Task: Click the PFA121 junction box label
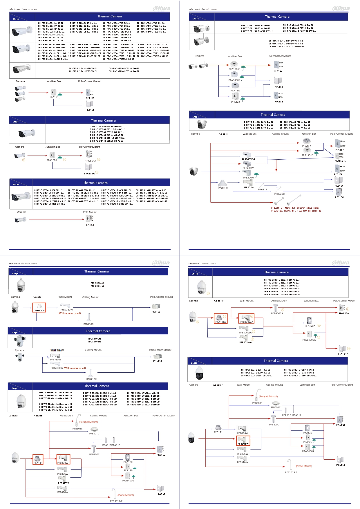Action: click(54, 97)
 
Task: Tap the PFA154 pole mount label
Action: click(89, 225)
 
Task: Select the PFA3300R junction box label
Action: click(234, 80)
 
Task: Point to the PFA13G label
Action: click(235, 91)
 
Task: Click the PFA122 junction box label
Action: click(236, 102)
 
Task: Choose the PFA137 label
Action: click(307, 146)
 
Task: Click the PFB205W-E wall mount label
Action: click(248, 159)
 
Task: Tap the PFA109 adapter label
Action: click(223, 188)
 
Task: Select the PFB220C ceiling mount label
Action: click(279, 194)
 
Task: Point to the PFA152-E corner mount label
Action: click(340, 161)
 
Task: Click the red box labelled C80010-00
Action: click(39, 308)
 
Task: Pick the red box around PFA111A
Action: click(220, 319)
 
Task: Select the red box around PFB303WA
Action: click(246, 319)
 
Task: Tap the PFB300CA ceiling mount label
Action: click(277, 313)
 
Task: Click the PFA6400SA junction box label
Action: click(309, 340)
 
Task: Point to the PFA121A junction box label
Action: click(52, 160)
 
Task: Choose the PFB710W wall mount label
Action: click(55, 360)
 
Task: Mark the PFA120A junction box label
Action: click(310, 326)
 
